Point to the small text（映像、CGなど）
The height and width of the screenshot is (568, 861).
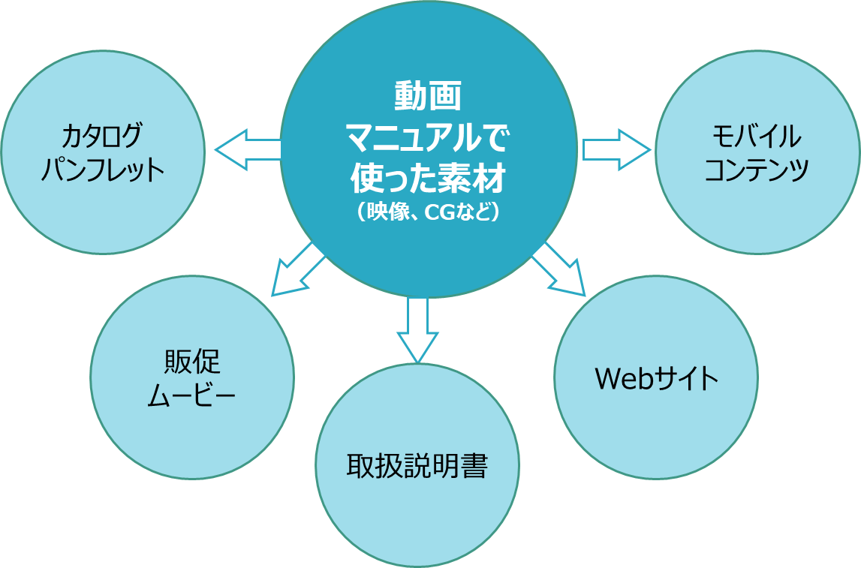pos(428,213)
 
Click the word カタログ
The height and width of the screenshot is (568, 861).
pos(102,137)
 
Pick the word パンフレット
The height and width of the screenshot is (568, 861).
pos(102,170)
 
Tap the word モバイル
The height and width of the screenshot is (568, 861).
pos(757,137)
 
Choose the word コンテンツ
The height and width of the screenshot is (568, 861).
pos(757,170)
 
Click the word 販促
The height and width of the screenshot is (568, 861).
pos(192,362)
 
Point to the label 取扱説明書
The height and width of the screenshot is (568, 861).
pos(417,467)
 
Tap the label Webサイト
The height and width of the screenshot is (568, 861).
pos(656,379)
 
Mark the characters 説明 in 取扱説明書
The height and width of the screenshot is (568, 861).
pos(417,467)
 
